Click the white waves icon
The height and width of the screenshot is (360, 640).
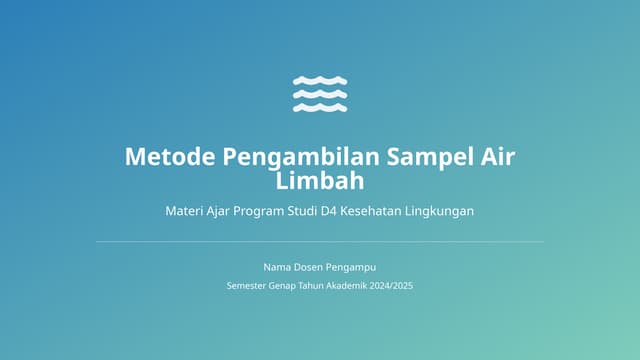pyautogui.click(x=320, y=93)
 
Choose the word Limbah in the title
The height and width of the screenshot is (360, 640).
pyautogui.click(x=320, y=181)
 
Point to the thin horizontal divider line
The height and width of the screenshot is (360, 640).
pyautogui.click(x=320, y=241)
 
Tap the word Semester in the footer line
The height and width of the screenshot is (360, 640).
pyautogui.click(x=248, y=286)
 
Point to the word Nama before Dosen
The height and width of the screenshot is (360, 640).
pyautogui.click(x=277, y=267)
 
